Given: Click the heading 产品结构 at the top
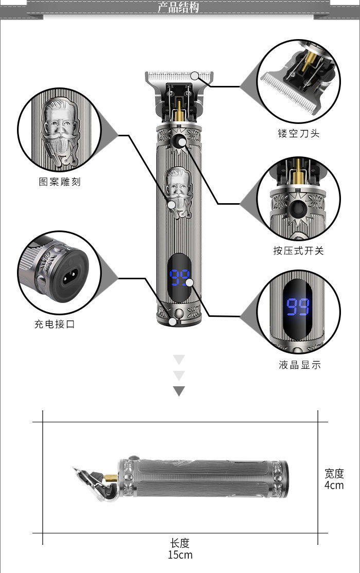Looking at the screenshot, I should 178,8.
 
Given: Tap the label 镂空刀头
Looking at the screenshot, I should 298,133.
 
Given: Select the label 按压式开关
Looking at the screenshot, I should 298,250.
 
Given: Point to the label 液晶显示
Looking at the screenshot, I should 299,365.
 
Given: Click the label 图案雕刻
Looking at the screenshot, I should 60,182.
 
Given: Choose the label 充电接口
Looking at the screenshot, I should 55,324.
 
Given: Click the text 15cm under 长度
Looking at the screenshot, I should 179,554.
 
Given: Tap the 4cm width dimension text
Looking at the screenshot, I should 334,485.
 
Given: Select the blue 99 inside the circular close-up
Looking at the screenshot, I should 298,307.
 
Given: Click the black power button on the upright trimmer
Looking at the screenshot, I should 179,142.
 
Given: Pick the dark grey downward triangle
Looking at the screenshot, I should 178,391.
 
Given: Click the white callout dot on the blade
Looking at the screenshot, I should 194,76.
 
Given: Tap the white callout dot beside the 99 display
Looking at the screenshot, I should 189,282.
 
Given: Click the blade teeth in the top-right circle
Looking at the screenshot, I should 288,93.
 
